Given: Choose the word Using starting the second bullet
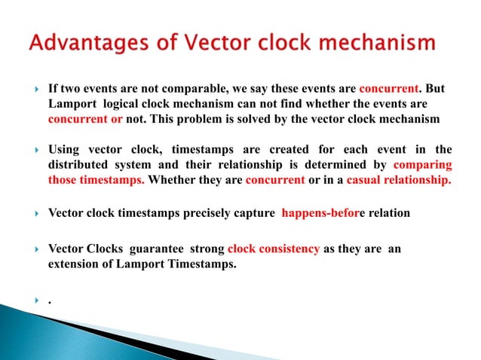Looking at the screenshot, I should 65,149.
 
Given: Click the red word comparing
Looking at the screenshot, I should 422,164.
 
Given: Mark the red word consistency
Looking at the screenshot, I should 290,249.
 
